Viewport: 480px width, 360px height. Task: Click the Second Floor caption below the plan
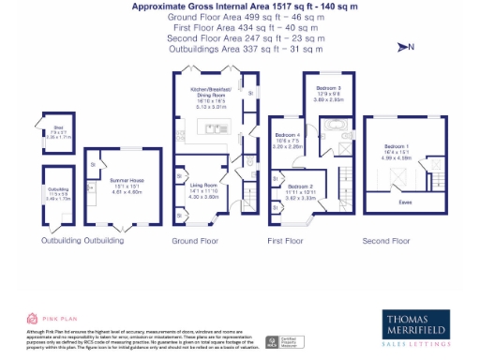point(384,241)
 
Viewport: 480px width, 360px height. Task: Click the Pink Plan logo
point(44,319)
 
